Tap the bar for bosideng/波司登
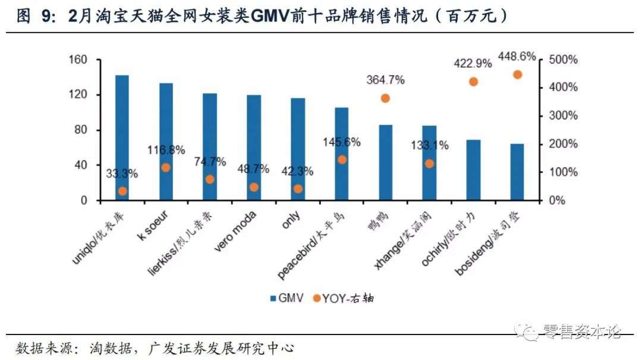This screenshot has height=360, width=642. pyautogui.click(x=517, y=172)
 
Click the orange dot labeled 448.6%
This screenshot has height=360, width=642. pyautogui.click(x=517, y=74)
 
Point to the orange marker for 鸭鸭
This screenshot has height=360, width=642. pyautogui.click(x=385, y=98)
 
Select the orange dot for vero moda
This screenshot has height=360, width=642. pyautogui.click(x=254, y=187)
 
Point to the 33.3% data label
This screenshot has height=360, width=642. pyautogui.click(x=122, y=174)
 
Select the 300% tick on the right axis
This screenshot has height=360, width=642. pyautogui.click(x=563, y=116)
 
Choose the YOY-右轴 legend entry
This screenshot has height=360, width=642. pyautogui.click(x=344, y=298)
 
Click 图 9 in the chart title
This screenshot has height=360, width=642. pyautogui.click(x=33, y=15)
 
